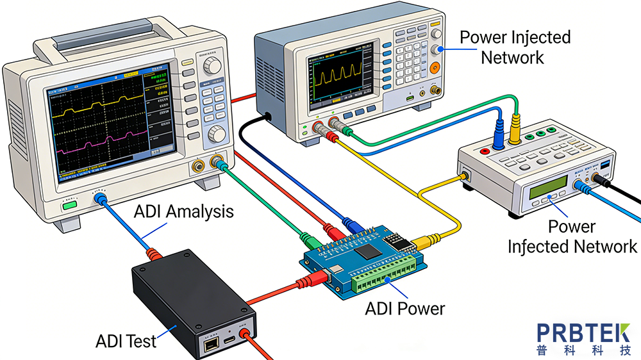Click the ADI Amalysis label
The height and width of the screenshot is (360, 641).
coord(184,212)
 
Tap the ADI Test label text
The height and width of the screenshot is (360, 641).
coord(126,341)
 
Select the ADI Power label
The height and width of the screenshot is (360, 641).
coord(404,309)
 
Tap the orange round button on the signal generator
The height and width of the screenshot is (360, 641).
coord(436,67)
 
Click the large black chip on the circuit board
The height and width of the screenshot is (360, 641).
coord(366,250)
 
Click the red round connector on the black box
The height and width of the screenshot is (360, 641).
coord(244,334)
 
